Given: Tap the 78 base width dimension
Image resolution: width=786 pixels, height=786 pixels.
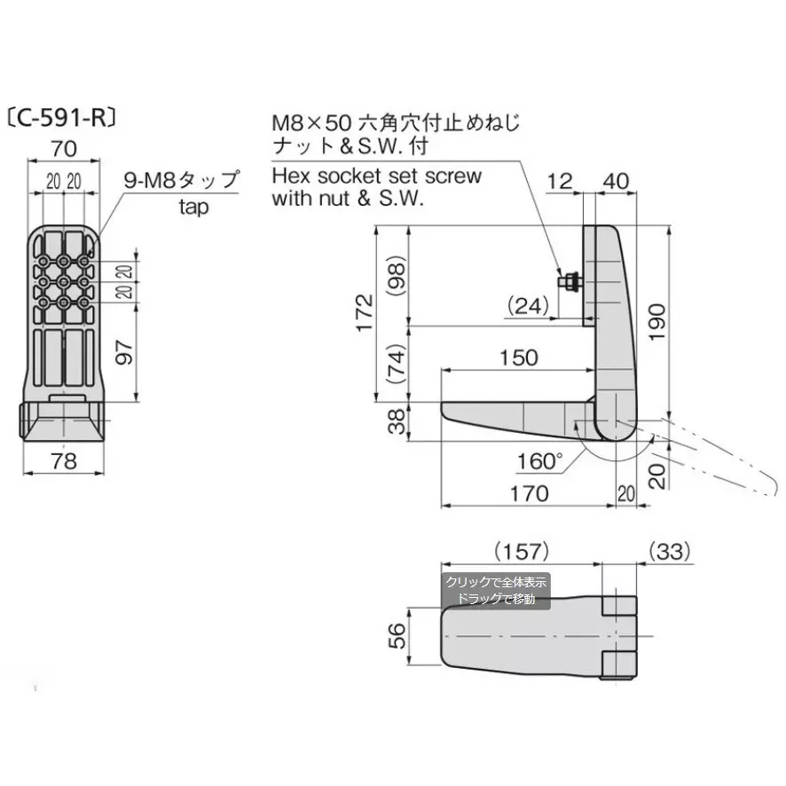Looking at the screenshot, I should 64,461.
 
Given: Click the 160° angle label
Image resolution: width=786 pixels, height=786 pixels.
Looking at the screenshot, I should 539,460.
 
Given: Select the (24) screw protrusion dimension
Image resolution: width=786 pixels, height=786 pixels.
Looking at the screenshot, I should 531,306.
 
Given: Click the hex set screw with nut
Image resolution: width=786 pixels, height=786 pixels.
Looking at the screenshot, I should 569,282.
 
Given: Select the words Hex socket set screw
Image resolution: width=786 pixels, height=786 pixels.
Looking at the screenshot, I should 377,176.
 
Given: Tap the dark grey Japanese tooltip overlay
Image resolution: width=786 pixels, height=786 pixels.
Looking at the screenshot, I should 496,591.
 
